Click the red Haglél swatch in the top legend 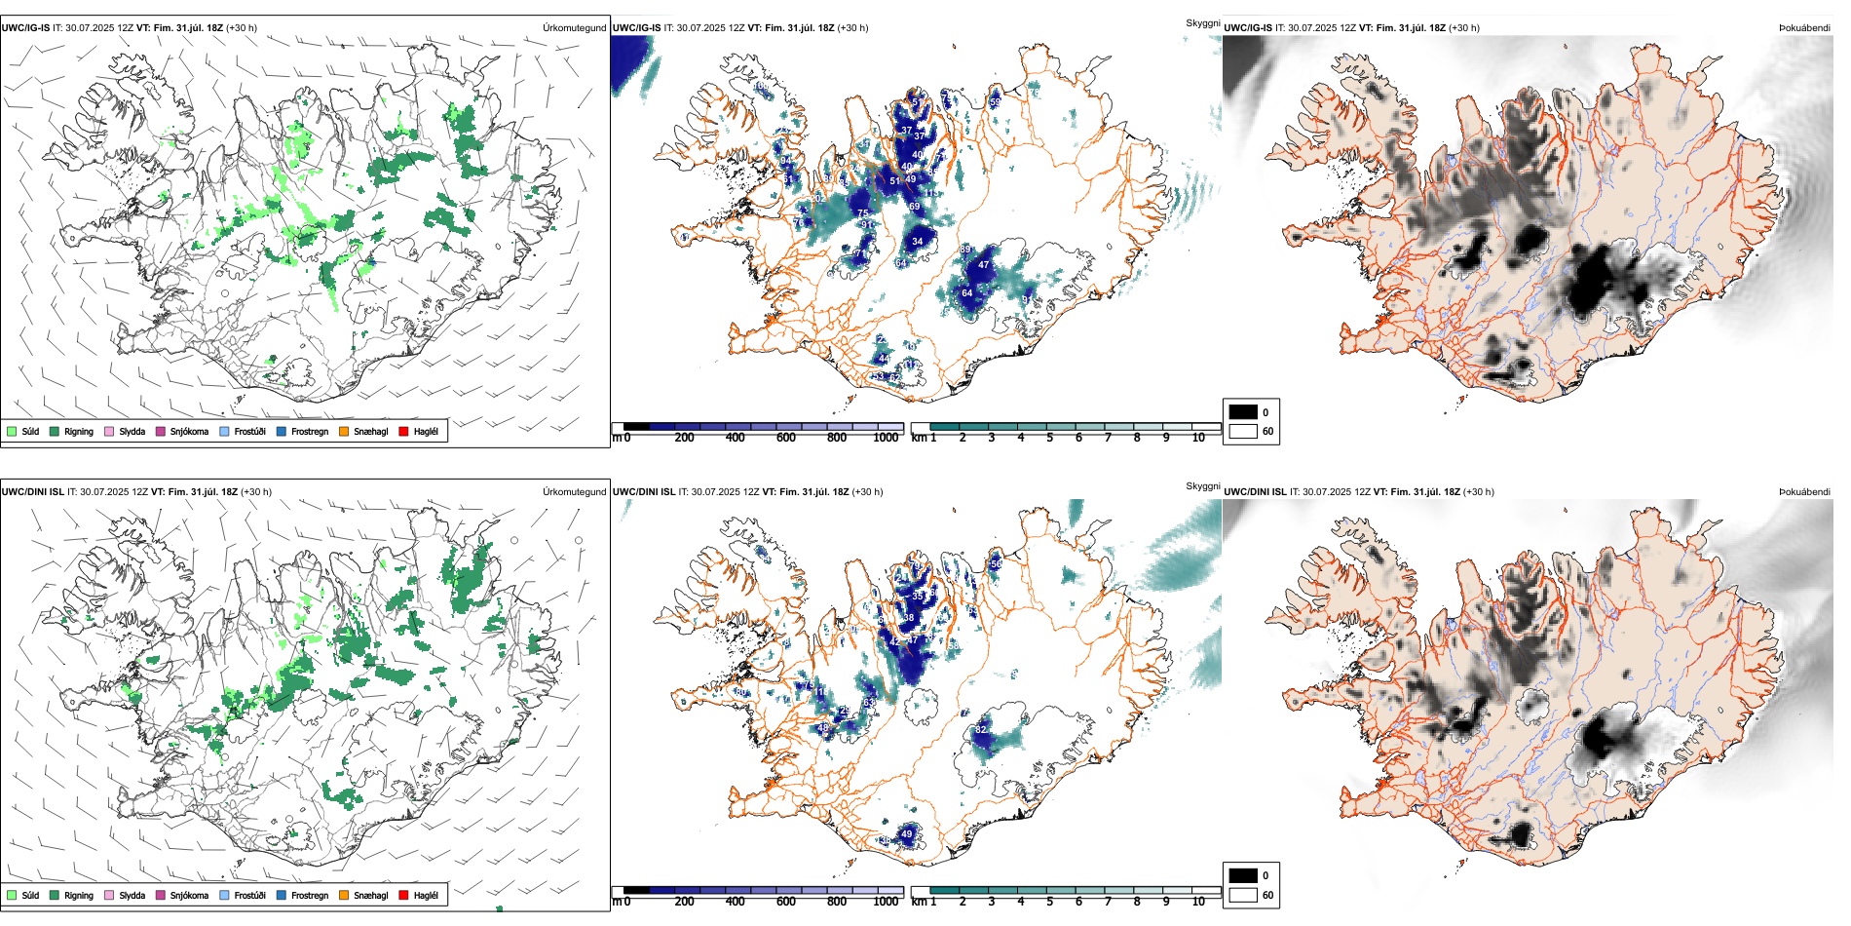pos(404,431)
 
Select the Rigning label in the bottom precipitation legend pos(79,895)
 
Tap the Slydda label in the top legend pos(132,431)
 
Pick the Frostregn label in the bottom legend pos(309,895)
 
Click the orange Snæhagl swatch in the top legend pos(344,431)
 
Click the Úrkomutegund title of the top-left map pos(574,28)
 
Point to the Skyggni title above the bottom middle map pos(1203,485)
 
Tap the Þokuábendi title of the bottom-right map pos(1804,492)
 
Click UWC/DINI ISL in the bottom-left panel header pos(33,492)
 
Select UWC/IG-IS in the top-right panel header pos(1248,28)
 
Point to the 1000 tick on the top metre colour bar pos(886,438)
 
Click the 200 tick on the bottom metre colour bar pos(684,902)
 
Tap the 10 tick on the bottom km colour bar pos(1198,902)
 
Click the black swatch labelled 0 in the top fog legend pos(1243,412)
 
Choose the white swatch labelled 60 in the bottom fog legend pos(1243,895)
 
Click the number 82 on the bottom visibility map pos(981,729)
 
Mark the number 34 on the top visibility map pos(917,242)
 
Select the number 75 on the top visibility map pos(862,213)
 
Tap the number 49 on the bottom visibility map pos(907,834)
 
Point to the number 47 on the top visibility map pos(984,265)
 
